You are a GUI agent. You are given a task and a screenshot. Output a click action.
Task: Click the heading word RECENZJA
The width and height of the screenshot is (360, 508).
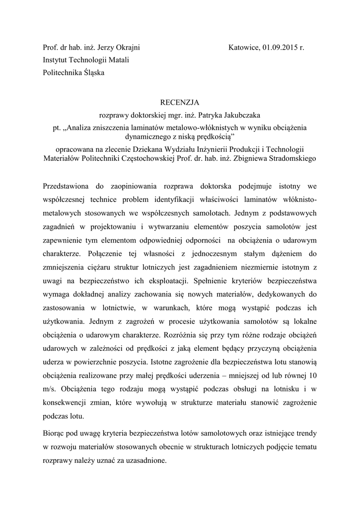point(179,102)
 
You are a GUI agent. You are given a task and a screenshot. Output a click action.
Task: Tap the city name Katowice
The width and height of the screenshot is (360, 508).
point(243,48)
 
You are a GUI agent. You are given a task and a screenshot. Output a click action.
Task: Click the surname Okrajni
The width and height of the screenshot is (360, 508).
point(126,48)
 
